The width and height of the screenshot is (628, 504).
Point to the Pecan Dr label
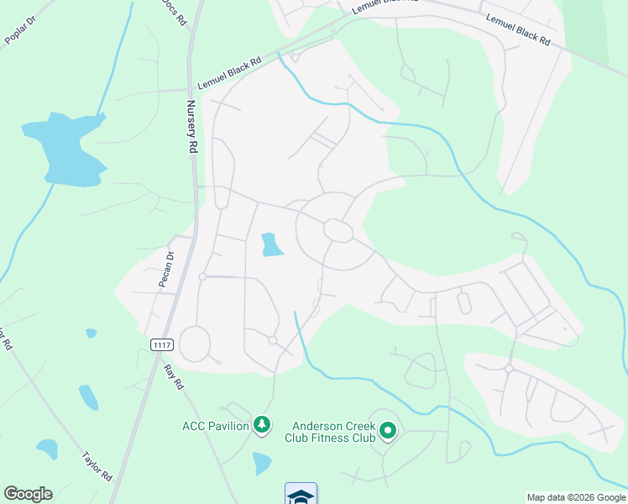coord(166,270)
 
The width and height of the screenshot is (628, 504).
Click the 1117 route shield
coord(162,345)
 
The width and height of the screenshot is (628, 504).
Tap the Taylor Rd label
coord(97,465)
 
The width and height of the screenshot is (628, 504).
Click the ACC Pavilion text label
coord(215,426)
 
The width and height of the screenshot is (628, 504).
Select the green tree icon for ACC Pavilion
coord(263,426)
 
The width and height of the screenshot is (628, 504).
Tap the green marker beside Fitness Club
coord(387,432)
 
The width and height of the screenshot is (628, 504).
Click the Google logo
coord(28,494)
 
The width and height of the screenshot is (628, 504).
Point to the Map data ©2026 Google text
coord(575,497)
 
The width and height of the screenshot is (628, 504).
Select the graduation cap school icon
coord(301,494)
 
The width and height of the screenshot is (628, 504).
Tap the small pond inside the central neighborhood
coord(271,244)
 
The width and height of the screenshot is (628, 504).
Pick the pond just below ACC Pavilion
coord(262,462)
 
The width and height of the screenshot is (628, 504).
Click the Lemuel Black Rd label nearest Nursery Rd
coord(229,75)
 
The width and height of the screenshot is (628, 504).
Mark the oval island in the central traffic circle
coord(338,230)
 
